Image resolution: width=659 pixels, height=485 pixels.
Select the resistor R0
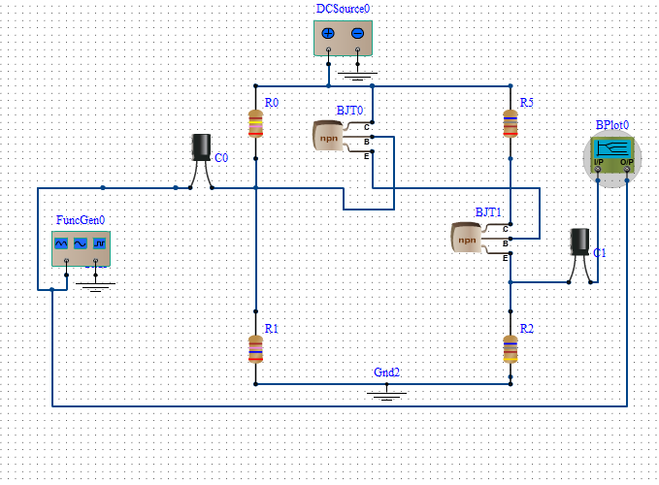point(256,124)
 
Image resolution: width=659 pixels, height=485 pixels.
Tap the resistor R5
point(510,123)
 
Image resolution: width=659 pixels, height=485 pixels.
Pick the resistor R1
point(255,347)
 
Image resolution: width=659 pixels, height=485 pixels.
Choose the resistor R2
point(510,347)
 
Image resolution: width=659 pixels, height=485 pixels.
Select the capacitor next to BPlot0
point(580,243)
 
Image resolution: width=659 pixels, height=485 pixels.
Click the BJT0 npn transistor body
point(332,137)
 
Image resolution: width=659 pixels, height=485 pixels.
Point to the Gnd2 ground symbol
point(387,392)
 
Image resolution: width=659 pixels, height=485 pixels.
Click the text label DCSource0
point(343,9)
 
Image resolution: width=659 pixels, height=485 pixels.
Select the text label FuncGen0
point(81,220)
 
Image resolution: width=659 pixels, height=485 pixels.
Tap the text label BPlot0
point(612,125)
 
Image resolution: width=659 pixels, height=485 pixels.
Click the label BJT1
point(488,211)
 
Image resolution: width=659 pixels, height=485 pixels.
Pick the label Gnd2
point(387,372)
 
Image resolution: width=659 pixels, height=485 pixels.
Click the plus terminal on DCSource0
point(328,34)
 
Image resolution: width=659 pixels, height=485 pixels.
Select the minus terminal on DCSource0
point(357,34)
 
